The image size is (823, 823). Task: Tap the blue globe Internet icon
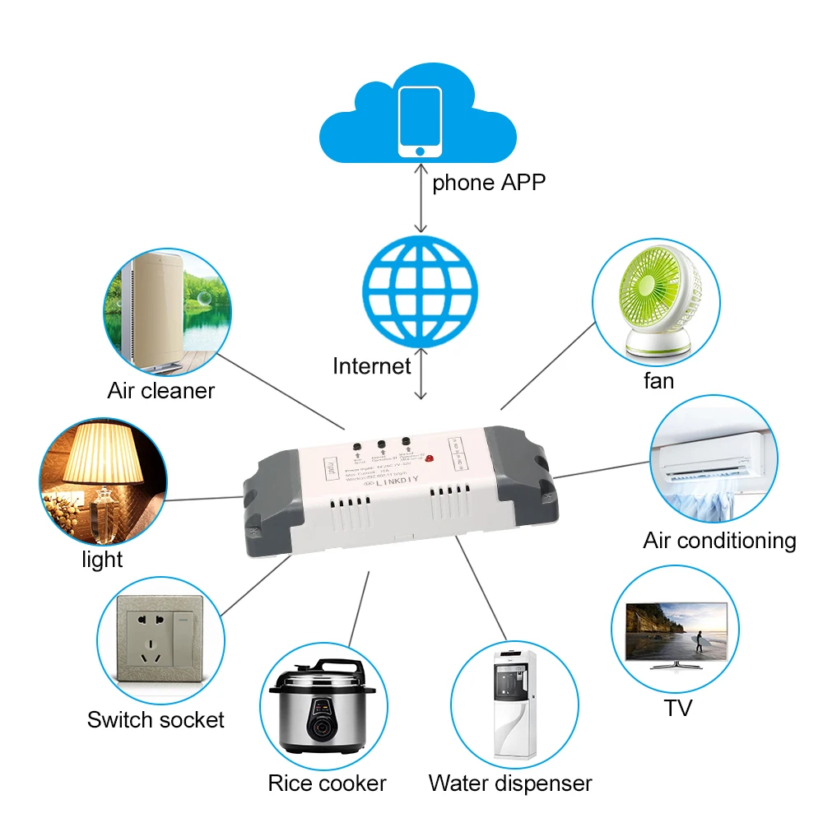420,291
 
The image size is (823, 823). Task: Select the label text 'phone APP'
489,182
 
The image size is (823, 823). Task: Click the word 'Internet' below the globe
371,365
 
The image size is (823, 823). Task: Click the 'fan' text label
658,381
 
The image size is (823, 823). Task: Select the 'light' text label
102,560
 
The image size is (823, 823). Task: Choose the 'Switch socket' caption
156,719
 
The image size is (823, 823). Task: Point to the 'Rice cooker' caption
327,783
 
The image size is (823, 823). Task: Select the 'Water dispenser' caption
510,783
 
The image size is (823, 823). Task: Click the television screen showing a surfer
677,630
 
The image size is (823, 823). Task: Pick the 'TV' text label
678,707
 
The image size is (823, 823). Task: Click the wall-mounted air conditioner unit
713,458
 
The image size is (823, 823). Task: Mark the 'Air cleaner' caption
160,390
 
